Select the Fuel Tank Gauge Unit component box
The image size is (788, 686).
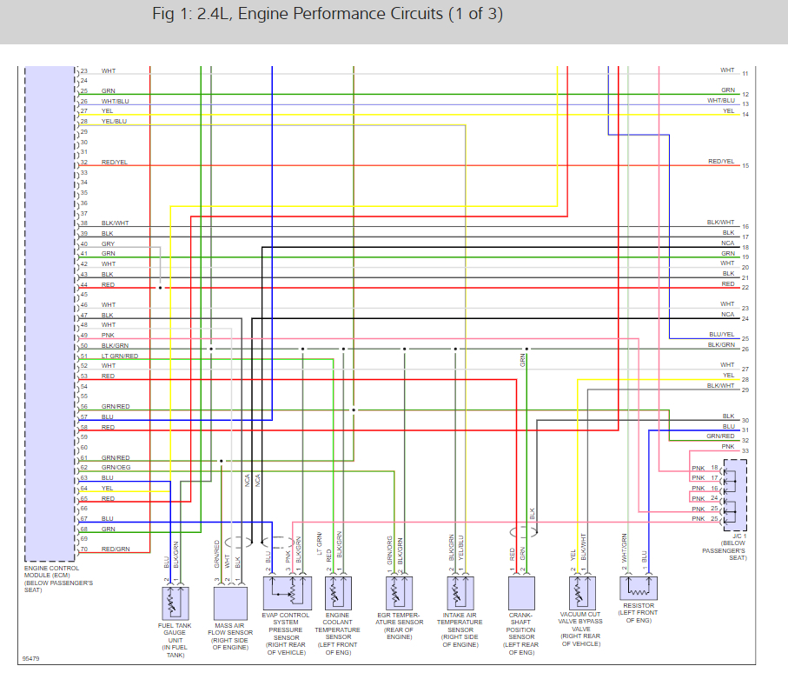[x=177, y=601]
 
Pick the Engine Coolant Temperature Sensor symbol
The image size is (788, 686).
[x=336, y=593]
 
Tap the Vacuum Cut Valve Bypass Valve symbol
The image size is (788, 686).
[x=580, y=593]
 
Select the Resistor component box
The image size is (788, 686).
[x=639, y=588]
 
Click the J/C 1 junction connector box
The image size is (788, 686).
[x=734, y=495]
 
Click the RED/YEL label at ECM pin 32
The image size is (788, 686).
[x=114, y=163]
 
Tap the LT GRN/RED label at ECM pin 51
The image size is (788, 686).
[x=119, y=356]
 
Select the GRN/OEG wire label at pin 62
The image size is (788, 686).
[x=116, y=468]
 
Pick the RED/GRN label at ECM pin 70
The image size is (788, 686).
[x=115, y=549]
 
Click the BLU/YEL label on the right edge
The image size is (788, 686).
[x=721, y=335]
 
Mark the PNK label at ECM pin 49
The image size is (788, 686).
[x=108, y=336]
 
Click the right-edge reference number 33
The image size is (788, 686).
[x=745, y=450]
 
